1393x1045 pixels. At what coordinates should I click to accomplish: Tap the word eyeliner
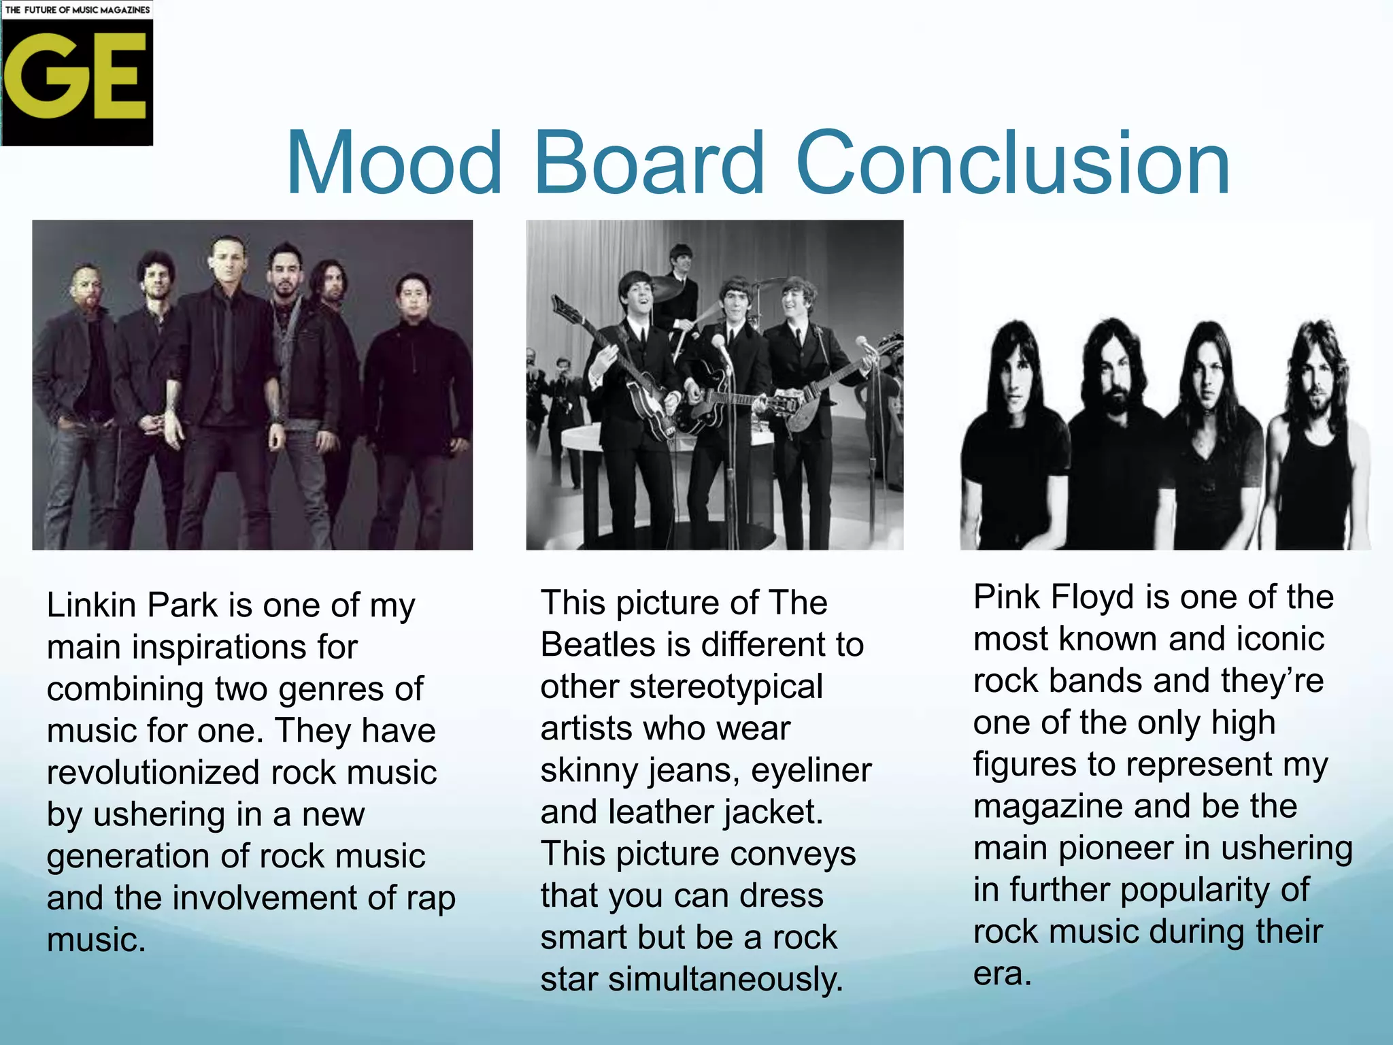pos(811,770)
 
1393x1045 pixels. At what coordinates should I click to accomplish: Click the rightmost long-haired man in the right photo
pos(1320,435)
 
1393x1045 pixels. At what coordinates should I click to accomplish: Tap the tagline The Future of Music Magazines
pos(77,10)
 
